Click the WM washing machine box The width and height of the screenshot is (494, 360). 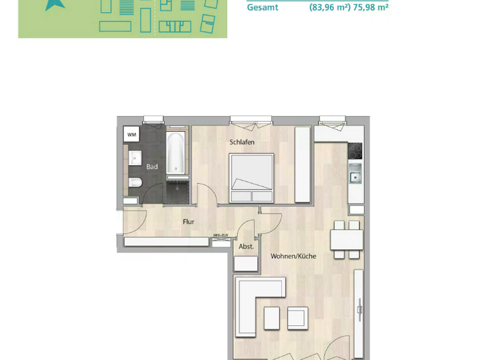click(131, 134)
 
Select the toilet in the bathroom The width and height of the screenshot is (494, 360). click(134, 184)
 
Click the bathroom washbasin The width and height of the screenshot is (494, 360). click(134, 157)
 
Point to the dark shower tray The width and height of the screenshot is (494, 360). click(178, 191)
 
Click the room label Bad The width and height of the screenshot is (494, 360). click(152, 167)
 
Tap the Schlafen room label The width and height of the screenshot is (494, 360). click(242, 142)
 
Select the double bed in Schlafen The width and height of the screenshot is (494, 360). click(252, 177)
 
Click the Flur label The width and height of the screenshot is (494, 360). click(188, 222)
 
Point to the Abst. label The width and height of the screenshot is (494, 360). click(246, 246)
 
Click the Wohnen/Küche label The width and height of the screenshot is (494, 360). click(293, 256)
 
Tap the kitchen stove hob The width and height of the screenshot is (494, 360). click(356, 150)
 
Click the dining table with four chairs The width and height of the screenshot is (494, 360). click(347, 240)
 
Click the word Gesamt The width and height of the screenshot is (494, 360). click(262, 8)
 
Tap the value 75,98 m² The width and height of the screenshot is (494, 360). click(371, 8)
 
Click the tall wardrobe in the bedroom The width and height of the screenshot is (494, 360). click(302, 164)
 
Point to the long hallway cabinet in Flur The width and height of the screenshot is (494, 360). click(166, 242)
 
